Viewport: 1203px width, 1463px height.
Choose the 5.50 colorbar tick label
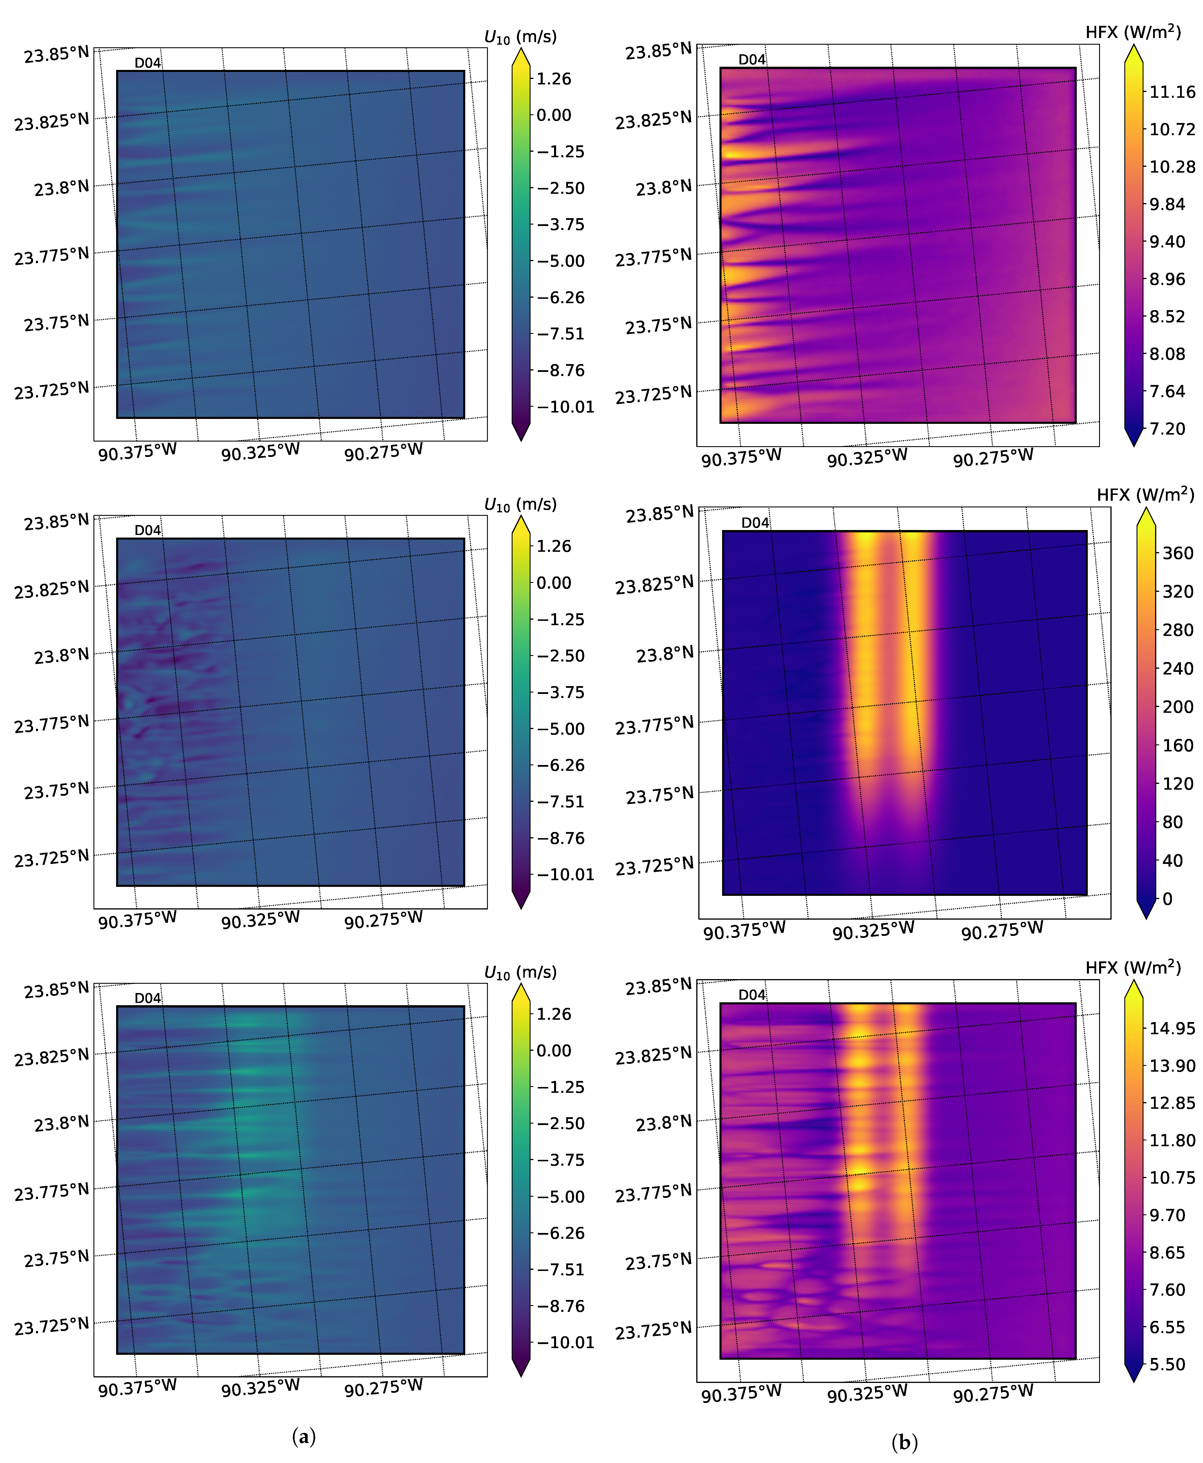pyautogui.click(x=1167, y=1365)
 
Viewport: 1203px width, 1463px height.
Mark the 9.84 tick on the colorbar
pyautogui.click(x=1167, y=204)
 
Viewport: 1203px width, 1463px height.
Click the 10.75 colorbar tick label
pyautogui.click(x=1172, y=1178)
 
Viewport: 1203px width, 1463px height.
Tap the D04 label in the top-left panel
pyautogui.click(x=148, y=63)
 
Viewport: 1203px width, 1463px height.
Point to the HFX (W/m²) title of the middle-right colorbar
pyautogui.click(x=1145, y=495)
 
